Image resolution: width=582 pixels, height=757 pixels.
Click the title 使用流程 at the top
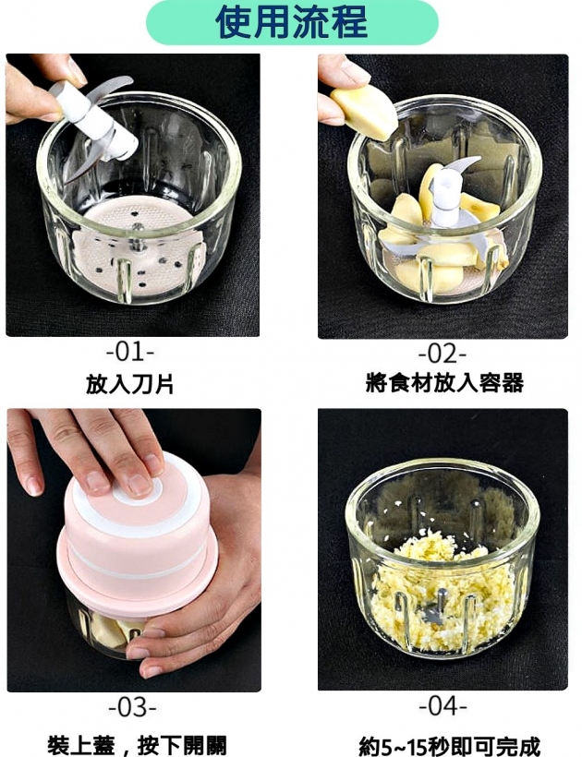pyautogui.click(x=291, y=22)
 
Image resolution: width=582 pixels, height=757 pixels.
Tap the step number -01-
pyautogui.click(x=130, y=352)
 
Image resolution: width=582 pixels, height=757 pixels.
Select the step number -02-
pyautogui.click(x=443, y=354)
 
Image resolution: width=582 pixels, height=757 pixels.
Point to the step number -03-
pyautogui.click(x=132, y=707)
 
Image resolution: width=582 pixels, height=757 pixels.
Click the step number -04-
pyautogui.click(x=443, y=706)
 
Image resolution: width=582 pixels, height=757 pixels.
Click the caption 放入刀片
pyautogui.click(x=130, y=384)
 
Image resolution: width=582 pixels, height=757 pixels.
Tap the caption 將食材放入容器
pyautogui.click(x=444, y=383)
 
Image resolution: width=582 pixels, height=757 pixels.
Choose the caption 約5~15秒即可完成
pyautogui.click(x=449, y=746)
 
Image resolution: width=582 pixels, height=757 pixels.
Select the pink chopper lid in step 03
pyautogui.click(x=136, y=535)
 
